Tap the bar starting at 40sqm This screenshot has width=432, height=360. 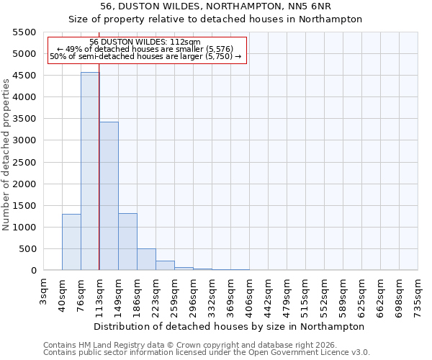pyautogui.click(x=71, y=242)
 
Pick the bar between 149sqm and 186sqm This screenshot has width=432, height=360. pyautogui.click(x=127, y=242)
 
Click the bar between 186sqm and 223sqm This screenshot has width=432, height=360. pyautogui.click(x=146, y=260)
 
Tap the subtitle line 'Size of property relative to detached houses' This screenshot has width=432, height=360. pyautogui.click(x=215, y=19)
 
